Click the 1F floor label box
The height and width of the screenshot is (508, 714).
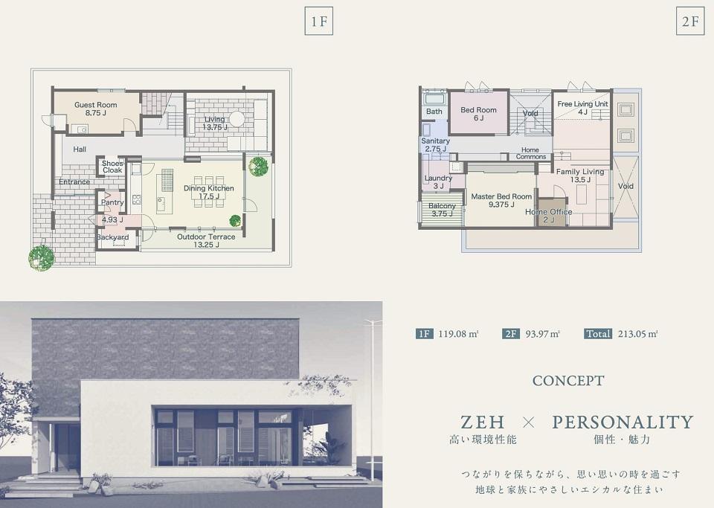319,22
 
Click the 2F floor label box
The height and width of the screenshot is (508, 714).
690,22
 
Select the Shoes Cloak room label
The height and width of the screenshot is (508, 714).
112,167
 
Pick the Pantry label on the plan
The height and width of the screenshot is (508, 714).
112,202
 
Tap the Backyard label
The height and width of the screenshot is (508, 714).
112,237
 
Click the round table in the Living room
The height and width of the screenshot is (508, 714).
237,119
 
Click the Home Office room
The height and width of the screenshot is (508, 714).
551,213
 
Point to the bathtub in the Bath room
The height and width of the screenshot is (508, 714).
434,97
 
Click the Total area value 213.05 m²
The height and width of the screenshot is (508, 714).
638,334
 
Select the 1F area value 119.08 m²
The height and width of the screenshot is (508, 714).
458,334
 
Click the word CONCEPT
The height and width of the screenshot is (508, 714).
567,381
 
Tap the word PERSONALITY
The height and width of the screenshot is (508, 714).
623,422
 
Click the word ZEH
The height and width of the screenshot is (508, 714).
482,422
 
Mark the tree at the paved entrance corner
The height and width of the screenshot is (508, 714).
42,258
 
